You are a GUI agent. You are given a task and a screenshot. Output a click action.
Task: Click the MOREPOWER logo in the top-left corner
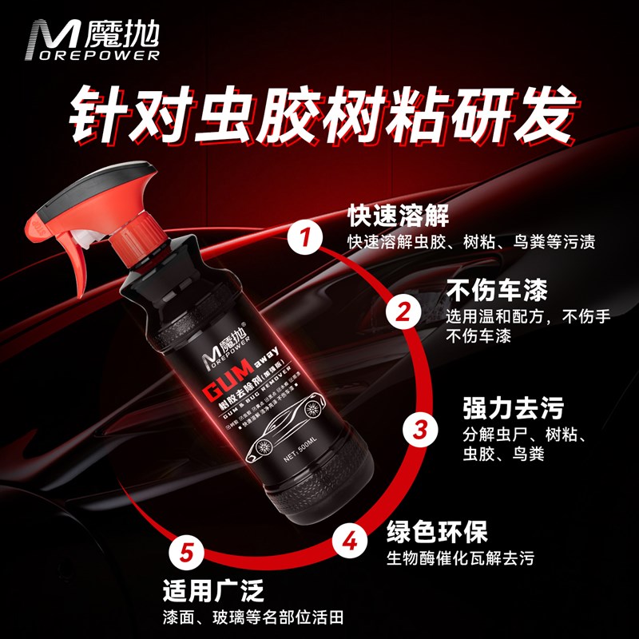94,40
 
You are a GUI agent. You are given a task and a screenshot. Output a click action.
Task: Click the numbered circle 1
304,237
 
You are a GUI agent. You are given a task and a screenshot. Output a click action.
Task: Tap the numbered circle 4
349,542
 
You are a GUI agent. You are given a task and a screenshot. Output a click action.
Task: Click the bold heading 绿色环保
437,531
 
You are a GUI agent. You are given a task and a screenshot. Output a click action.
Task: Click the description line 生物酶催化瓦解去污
459,557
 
